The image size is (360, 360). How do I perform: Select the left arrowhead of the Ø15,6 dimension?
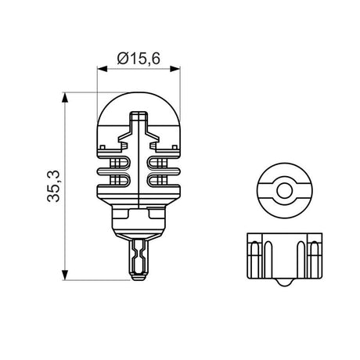(x=99, y=69)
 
